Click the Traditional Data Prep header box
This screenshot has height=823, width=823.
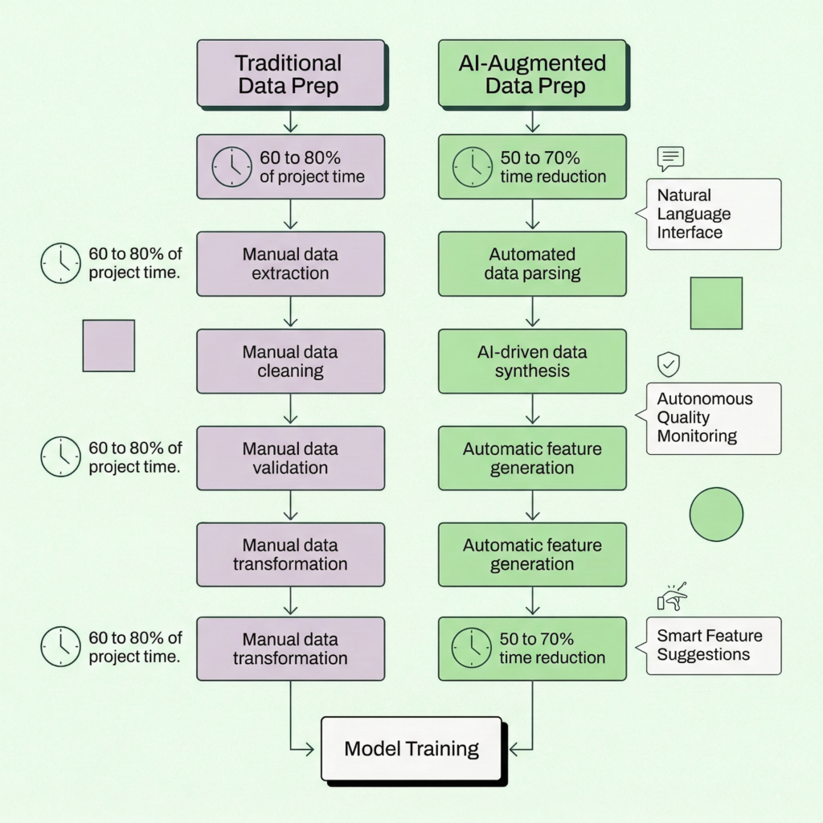(x=290, y=75)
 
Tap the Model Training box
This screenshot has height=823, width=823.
(x=411, y=749)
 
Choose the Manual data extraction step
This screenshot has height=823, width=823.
(x=290, y=264)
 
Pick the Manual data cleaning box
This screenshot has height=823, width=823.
(x=290, y=361)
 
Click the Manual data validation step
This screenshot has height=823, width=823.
(x=290, y=458)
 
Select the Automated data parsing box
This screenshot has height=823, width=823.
(x=532, y=264)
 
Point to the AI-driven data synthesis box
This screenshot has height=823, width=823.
(x=532, y=361)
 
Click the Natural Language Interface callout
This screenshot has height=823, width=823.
(x=712, y=214)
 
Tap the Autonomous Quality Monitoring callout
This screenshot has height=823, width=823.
(x=712, y=418)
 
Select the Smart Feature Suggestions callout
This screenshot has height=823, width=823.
(x=712, y=645)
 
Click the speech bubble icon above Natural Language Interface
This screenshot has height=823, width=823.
(x=669, y=158)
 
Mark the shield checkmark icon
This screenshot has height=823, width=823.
(x=669, y=365)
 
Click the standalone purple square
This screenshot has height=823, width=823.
(x=109, y=346)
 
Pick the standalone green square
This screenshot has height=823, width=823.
(x=716, y=303)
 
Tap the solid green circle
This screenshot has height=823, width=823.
(x=716, y=514)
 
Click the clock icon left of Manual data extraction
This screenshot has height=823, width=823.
(x=61, y=264)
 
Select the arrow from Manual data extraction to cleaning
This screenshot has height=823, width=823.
(x=290, y=312)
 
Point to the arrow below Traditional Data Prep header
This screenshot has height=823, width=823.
(x=290, y=121)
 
